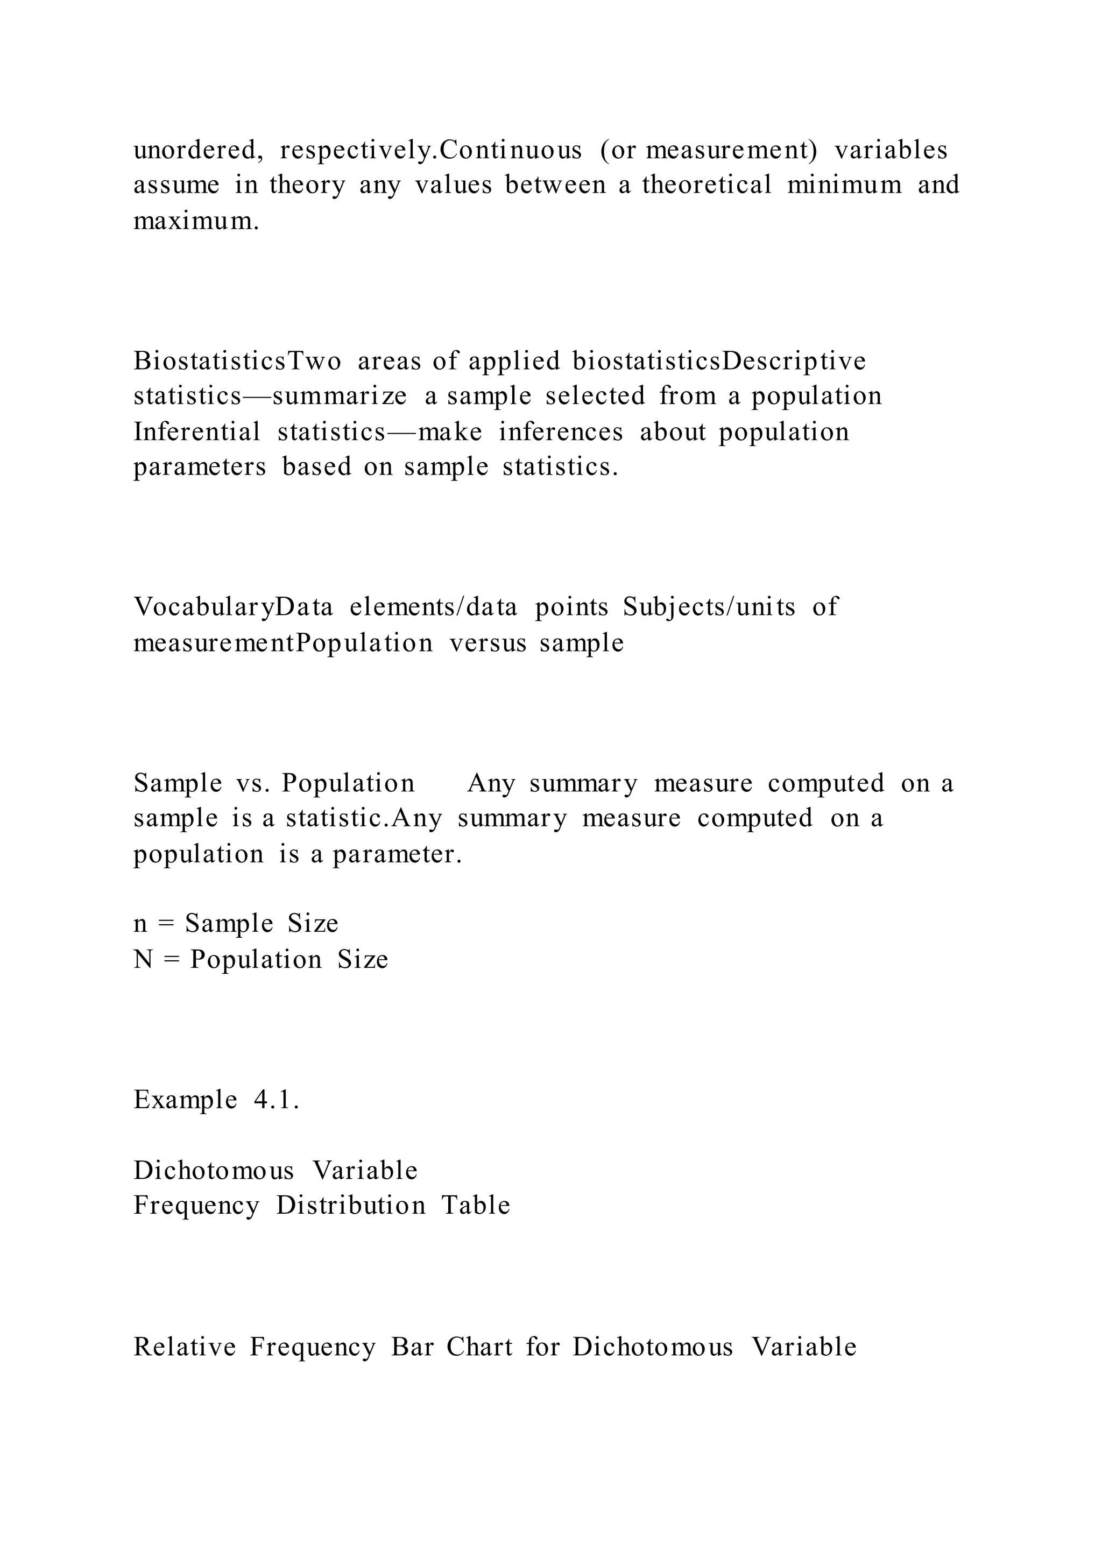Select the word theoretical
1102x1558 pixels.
(x=707, y=185)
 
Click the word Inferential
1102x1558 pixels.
(x=197, y=432)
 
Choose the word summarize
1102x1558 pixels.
(x=340, y=397)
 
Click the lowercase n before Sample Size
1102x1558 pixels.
(x=140, y=924)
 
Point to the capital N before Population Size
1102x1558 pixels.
(x=143, y=960)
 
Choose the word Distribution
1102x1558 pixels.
(x=351, y=1206)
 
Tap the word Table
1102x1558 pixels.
(x=476, y=1206)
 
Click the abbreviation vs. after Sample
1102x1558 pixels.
(x=252, y=784)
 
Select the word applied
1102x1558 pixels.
(x=514, y=362)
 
